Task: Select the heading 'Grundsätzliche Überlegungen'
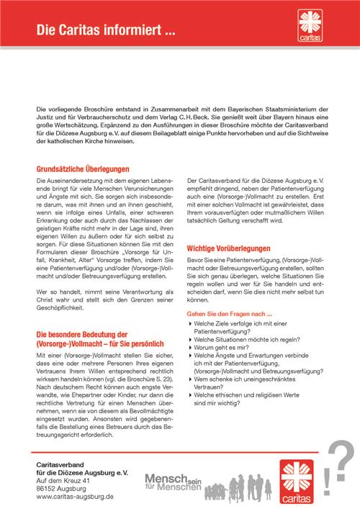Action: (81, 167)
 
